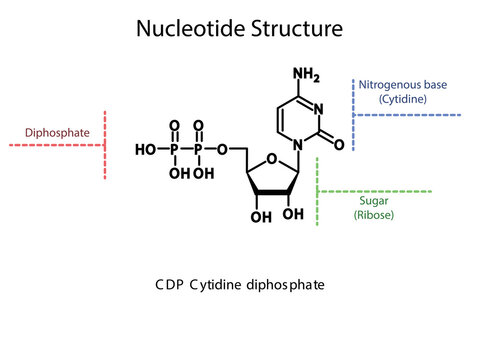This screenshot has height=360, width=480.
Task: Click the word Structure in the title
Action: [x=292, y=30]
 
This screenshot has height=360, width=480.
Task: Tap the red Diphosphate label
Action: [x=53, y=130]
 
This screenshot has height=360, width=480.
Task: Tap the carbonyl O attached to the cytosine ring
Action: [x=339, y=145]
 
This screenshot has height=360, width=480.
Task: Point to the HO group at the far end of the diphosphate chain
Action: [x=145, y=150]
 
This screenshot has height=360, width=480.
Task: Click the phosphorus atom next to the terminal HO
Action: [x=174, y=150]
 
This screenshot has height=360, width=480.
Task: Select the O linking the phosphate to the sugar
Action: [x=221, y=150]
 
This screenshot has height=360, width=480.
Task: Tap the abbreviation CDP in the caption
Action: [x=170, y=285]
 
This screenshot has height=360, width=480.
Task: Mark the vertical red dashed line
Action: [x=104, y=146]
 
